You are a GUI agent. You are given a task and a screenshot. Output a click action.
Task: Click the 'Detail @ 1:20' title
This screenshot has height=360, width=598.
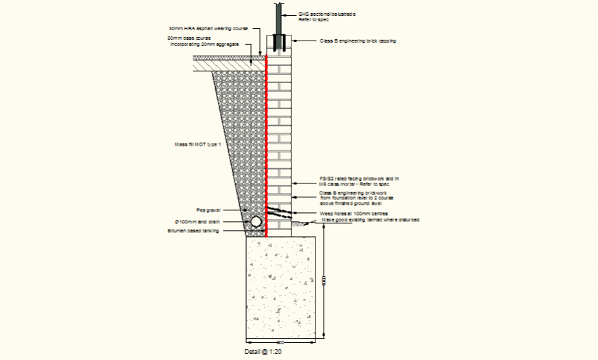point(264,352)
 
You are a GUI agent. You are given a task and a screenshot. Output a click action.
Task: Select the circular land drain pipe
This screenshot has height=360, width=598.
point(256,222)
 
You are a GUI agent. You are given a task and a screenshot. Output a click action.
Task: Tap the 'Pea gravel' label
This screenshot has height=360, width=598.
point(208,210)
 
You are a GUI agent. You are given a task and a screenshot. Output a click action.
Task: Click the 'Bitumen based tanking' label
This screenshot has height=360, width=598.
point(193,232)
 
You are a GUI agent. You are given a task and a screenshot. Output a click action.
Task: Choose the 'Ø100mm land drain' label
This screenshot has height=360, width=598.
point(197,221)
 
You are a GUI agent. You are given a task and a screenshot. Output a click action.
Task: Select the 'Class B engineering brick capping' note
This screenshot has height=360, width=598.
point(357,41)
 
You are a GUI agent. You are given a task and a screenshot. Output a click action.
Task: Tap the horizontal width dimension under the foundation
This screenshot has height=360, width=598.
point(281,341)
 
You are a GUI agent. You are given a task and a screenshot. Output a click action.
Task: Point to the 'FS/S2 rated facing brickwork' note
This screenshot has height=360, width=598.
point(354,181)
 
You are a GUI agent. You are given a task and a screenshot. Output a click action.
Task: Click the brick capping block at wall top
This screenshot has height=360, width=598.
point(280,51)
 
